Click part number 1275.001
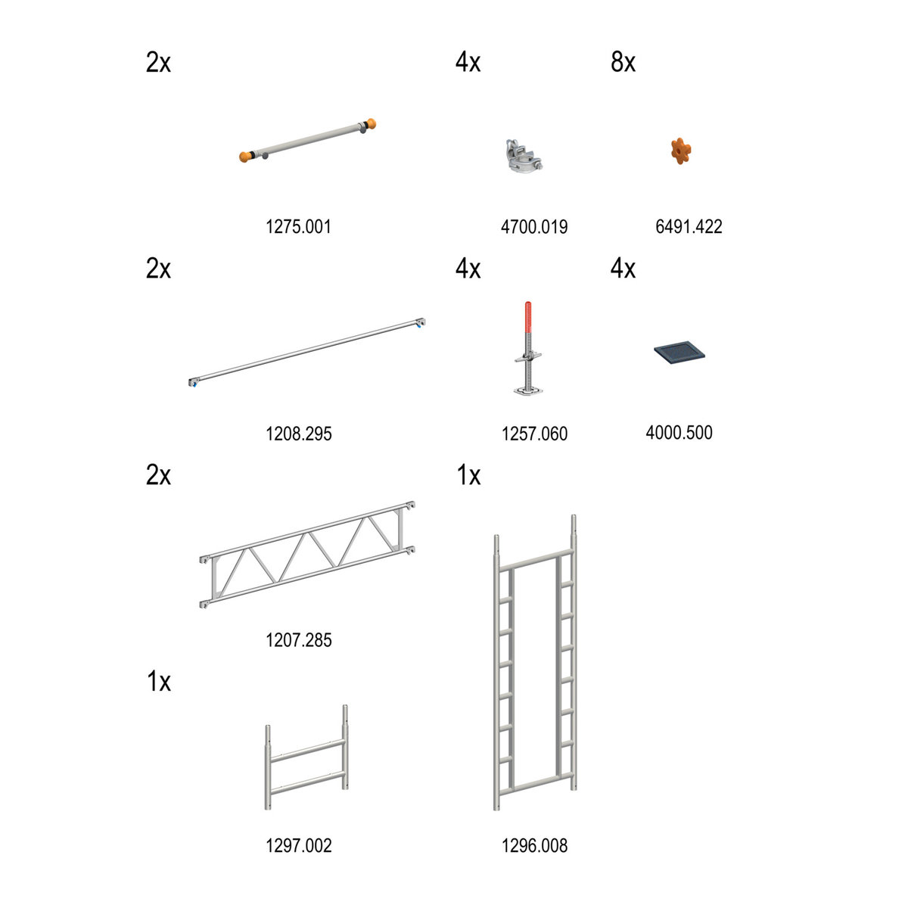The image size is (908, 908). coord(298,227)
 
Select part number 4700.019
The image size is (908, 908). coord(534,227)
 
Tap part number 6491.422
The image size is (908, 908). coord(689,227)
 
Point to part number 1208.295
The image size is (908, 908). coord(299,434)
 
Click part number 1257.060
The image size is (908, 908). coord(534,434)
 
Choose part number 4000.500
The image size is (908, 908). coord(679,432)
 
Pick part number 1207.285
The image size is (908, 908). coord(299,640)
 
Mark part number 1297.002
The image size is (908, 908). coord(299,846)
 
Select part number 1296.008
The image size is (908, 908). coord(534,846)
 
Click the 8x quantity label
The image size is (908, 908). coord(623,62)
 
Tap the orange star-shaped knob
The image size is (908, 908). coord(681,151)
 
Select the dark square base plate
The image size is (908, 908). coord(679,353)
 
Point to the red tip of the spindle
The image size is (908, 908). coord(528,316)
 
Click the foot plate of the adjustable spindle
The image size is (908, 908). coord(527,390)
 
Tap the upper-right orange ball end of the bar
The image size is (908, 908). coord(371,124)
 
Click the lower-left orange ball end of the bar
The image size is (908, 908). coord(244,157)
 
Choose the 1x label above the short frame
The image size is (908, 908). coord(159,681)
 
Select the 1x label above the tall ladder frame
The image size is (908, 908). coord(468,475)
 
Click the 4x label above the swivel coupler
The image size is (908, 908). coord(468,62)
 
